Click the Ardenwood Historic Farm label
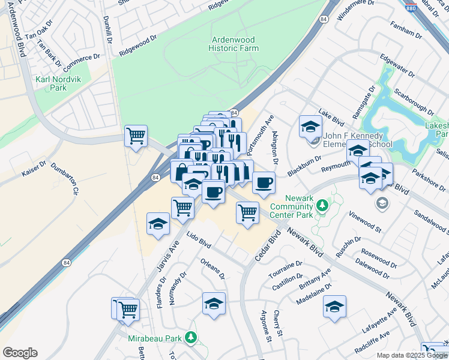[234, 44]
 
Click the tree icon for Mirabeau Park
[191, 338]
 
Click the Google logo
[20, 353]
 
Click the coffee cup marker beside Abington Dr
[263, 182]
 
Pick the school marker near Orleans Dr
[214, 303]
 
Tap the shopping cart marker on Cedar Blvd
[247, 212]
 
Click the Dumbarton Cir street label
[65, 180]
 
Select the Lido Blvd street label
[199, 241]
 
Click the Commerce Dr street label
[82, 61]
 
